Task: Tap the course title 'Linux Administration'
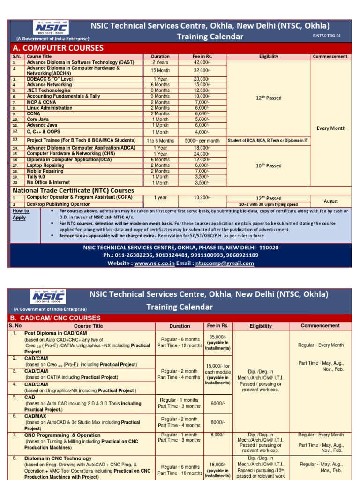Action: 50,108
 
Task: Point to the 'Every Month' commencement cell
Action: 330,128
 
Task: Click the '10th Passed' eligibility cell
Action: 269,165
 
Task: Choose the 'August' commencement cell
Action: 330,201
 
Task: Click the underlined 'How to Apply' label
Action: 20,214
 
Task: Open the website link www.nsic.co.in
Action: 154,263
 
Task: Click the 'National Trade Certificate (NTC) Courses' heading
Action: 73,190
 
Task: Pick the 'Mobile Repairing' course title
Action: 45,171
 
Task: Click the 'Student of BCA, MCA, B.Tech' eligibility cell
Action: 268,140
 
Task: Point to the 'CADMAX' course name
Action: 37,416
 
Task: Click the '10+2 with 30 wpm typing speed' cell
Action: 268,204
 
